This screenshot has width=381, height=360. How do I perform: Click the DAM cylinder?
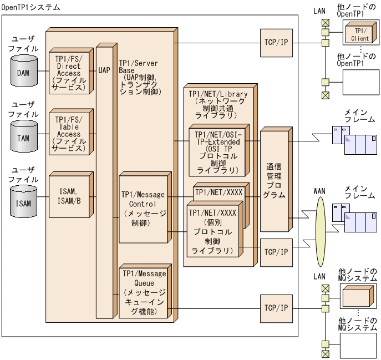tap(23, 73)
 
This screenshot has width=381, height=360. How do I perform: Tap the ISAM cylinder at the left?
tap(23, 203)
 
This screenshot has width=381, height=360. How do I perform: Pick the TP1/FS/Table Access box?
tap(69, 134)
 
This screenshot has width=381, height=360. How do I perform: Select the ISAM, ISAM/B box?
tap(69, 196)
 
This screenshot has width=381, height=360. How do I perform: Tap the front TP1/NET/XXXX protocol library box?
tap(213, 232)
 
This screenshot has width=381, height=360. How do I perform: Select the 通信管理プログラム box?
tap(275, 180)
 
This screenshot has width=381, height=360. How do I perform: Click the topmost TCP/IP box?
tap(275, 43)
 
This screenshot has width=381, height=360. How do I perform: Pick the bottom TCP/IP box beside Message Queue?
tap(275, 308)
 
